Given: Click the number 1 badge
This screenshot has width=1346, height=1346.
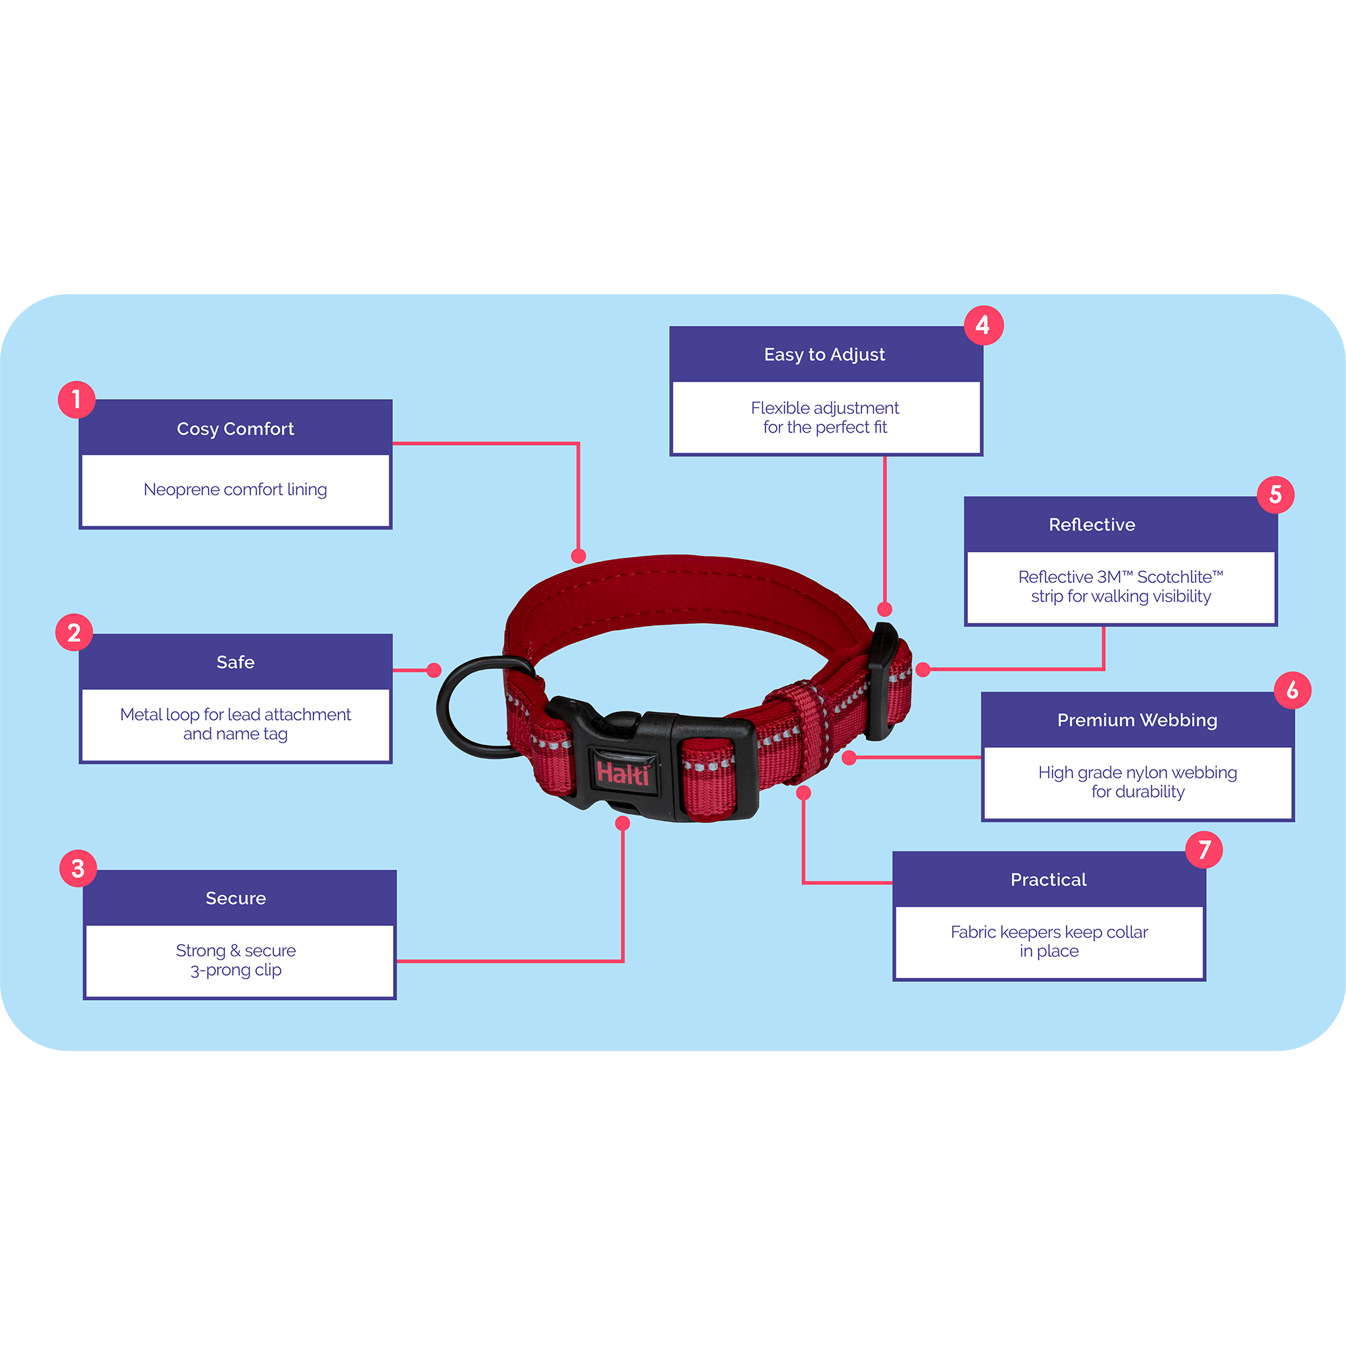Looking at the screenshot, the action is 77,399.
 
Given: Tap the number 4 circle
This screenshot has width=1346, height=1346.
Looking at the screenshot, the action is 983,324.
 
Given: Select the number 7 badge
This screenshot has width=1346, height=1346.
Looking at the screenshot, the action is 1204,849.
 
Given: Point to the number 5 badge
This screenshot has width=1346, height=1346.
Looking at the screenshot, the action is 1275,495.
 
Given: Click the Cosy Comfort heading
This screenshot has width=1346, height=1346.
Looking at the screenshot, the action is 236,429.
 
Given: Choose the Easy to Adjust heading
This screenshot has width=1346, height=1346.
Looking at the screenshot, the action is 824,355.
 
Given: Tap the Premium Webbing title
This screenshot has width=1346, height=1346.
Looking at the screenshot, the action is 1137,719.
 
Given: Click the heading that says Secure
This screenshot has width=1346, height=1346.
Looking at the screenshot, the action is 236,898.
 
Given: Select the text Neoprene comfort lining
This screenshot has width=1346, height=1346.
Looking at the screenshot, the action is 236,490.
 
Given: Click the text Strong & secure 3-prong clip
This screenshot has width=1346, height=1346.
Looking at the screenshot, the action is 236,960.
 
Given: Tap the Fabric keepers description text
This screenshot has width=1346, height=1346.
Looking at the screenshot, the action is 1049,942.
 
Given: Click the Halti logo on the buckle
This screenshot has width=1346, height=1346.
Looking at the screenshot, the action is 623,773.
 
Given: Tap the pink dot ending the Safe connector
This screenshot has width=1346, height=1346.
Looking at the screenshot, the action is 433,670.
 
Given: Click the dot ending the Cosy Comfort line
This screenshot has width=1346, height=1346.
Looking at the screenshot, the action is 578,556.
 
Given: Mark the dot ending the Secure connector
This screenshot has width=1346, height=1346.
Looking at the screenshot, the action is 623,824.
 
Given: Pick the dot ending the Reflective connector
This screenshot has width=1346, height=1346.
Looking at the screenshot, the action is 923,670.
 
